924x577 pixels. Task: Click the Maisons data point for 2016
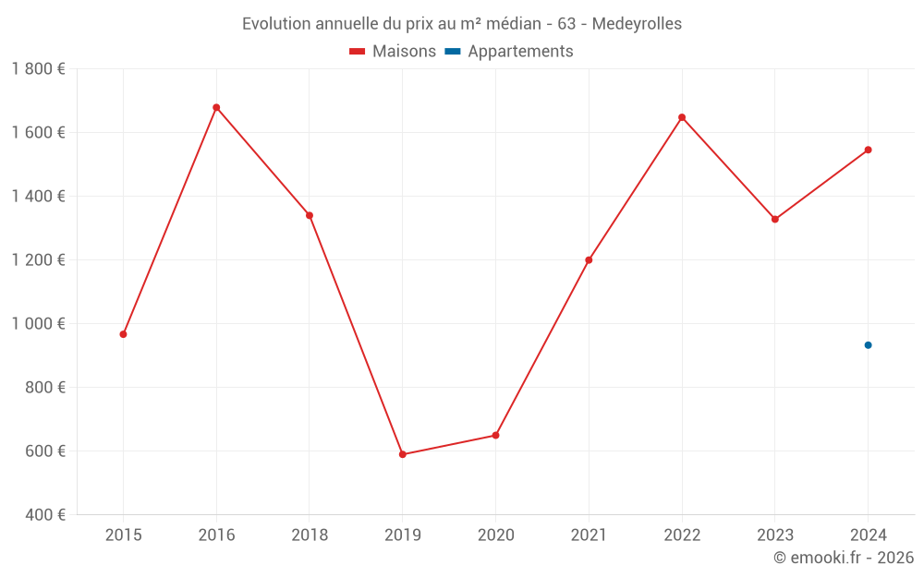coord(216,108)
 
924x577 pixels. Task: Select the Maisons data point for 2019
coord(403,454)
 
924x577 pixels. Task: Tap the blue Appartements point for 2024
coord(868,345)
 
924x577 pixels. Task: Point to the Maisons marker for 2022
coord(682,117)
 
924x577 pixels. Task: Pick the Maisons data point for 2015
coord(123,334)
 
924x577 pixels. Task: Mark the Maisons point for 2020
coord(495,435)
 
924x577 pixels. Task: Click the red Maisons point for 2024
coord(868,150)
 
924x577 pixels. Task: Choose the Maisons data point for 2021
coord(589,260)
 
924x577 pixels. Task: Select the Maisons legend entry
coord(393,52)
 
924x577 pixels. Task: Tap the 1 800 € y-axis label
coord(38,69)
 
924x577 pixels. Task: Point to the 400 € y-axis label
coord(45,515)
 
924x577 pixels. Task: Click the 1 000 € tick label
coord(38,324)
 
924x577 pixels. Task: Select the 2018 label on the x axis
coord(310,535)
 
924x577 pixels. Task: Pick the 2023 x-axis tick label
coord(774,535)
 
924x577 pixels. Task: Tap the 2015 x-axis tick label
coord(123,535)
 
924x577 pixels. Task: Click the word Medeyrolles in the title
coord(637,24)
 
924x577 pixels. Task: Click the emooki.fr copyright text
coord(844,558)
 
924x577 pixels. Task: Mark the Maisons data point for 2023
coord(774,220)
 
